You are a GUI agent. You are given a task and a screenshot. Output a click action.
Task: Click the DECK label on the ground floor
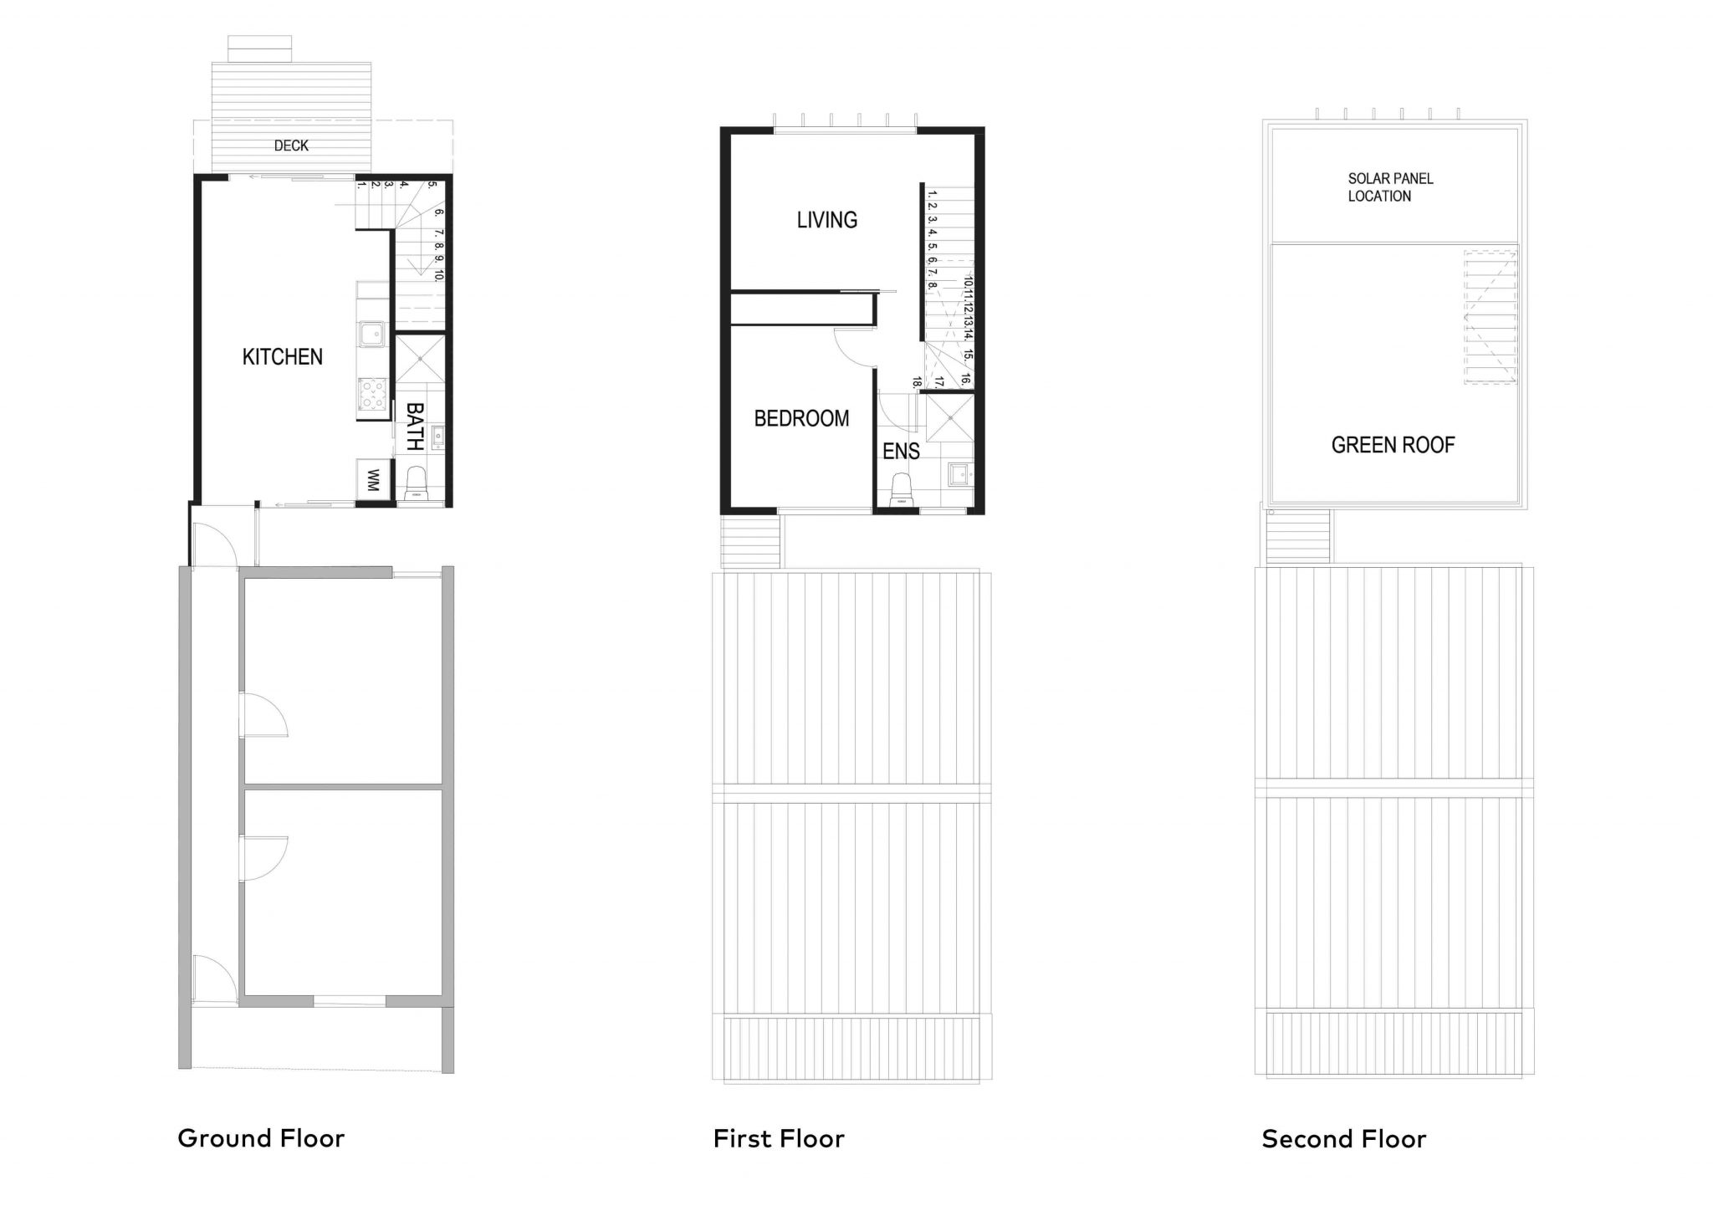click(291, 146)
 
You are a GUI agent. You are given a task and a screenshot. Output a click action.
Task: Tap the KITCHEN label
click(282, 357)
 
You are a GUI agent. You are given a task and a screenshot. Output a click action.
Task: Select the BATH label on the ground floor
click(415, 427)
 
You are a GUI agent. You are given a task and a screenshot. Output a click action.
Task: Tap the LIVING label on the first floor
click(826, 220)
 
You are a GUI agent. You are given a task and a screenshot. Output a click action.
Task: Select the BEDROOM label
click(801, 418)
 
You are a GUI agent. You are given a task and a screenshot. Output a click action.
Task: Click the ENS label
click(901, 452)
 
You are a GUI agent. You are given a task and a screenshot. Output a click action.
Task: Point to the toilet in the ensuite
click(900, 489)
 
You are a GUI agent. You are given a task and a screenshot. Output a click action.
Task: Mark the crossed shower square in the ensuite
click(949, 418)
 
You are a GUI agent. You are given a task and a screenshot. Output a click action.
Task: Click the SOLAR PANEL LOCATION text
click(1390, 187)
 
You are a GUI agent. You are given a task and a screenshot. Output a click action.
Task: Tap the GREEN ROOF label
click(1393, 445)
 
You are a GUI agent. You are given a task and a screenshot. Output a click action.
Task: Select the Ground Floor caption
click(261, 1138)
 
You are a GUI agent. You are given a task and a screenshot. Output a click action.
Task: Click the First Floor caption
click(779, 1138)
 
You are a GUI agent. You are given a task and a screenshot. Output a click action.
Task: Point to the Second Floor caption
click(1343, 1138)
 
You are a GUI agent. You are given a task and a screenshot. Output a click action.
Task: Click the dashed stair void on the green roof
click(1490, 318)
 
